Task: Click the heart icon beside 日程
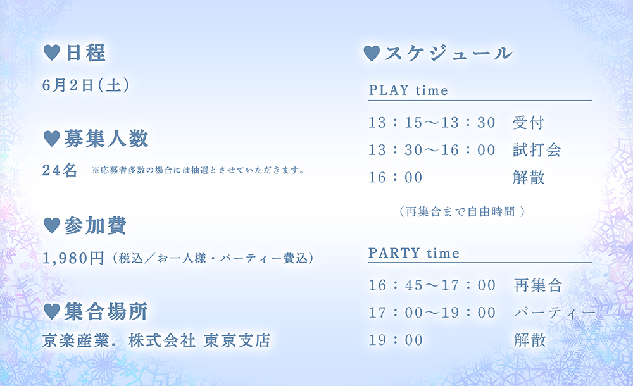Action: coord(52,53)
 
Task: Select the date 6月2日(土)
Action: coord(86,85)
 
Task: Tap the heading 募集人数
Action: coord(106,139)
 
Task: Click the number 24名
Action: coord(60,170)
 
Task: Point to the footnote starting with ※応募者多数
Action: coord(197,170)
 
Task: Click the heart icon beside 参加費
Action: coord(52,225)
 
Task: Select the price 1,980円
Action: coord(73,258)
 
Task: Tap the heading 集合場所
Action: coord(106,312)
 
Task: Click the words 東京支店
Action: coord(237,340)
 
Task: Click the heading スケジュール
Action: coord(449,53)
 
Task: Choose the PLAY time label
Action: coord(408,90)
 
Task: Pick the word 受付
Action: coord(529,122)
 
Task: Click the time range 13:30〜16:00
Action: coord(432,150)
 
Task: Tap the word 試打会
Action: coord(537,150)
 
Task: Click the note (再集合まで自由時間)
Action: coord(462,211)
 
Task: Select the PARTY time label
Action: coord(414,253)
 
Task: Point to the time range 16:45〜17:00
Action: coord(432,285)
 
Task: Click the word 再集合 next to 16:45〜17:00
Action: coord(538,285)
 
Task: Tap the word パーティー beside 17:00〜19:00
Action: coord(555,313)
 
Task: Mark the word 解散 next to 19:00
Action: coord(530,340)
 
